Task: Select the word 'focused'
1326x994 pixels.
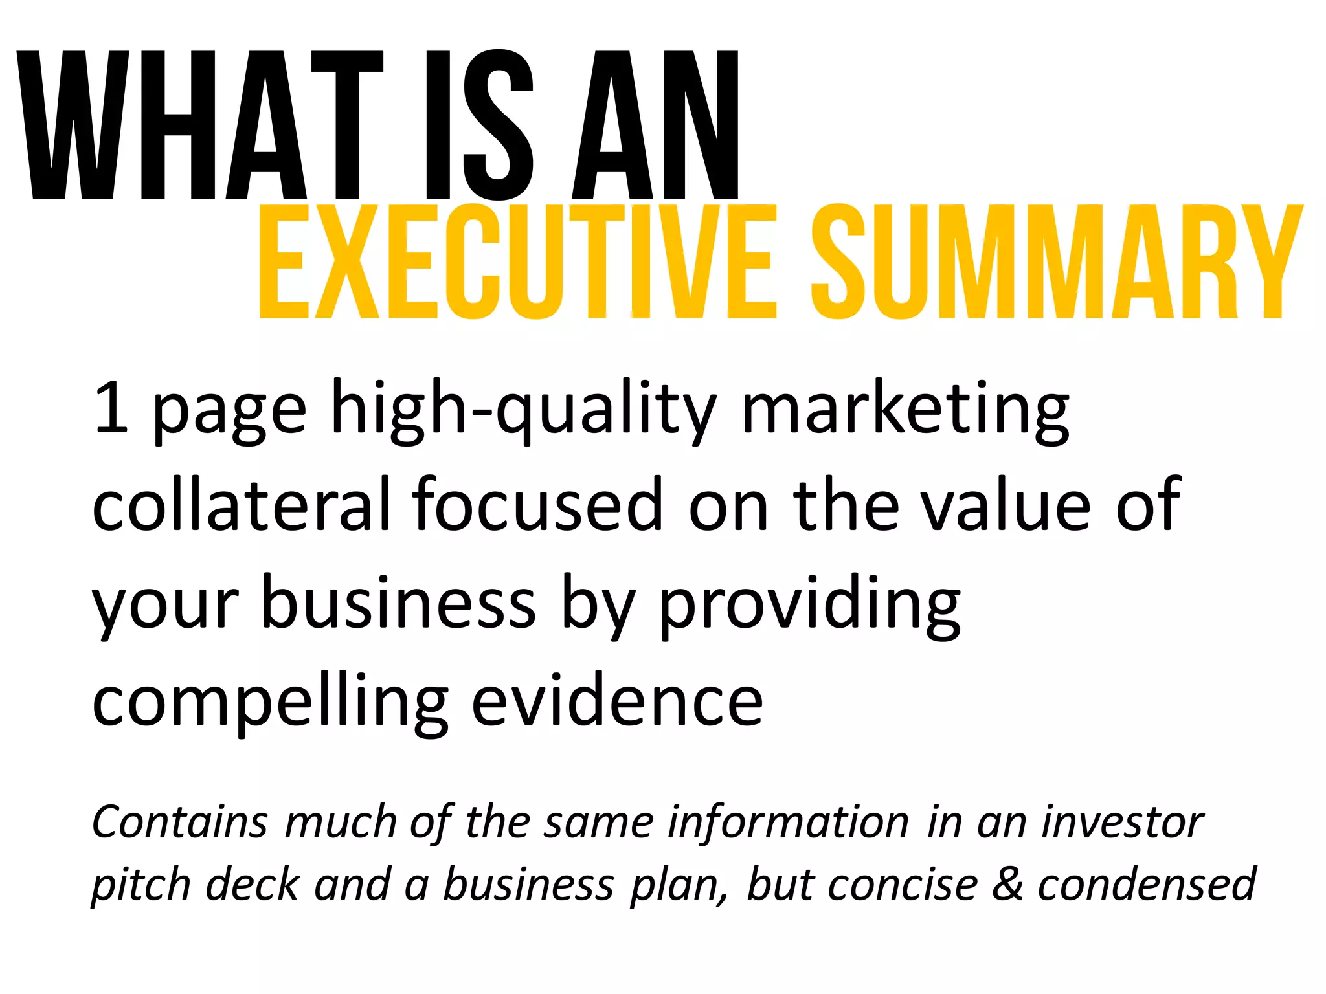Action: pos(538,505)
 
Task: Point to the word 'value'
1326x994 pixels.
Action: pos(1006,505)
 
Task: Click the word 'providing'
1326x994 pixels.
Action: pos(809,606)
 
